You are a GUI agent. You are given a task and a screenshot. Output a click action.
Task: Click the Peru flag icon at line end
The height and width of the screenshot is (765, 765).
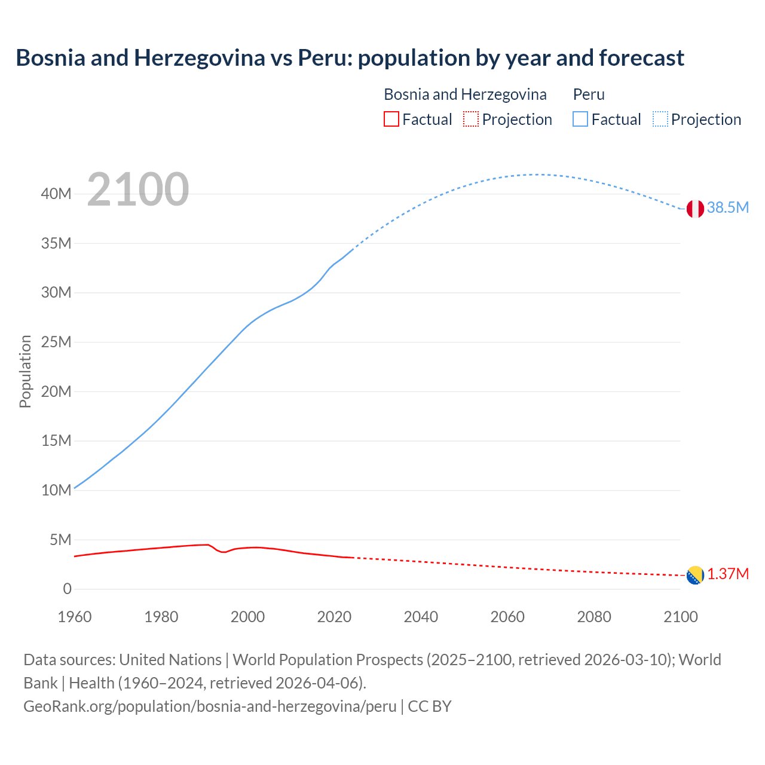pos(695,209)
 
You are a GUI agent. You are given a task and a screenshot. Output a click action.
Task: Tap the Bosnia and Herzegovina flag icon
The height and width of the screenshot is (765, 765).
pos(695,575)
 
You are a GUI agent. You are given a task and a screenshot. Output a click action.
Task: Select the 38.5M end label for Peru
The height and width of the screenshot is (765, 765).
pos(727,207)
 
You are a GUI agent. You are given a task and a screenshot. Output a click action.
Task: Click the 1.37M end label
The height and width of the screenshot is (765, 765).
pos(728,574)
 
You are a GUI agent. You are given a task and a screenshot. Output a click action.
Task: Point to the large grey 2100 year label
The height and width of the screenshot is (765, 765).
pos(138,189)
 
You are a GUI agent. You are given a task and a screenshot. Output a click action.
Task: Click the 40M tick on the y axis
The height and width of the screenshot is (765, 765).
pos(56,194)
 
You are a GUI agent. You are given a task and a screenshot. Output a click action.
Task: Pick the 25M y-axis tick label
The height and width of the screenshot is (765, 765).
pos(56,342)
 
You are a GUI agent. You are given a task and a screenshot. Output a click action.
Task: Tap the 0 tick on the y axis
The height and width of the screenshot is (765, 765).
pos(67,589)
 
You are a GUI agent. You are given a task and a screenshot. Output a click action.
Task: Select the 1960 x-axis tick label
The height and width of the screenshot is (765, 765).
pos(75,617)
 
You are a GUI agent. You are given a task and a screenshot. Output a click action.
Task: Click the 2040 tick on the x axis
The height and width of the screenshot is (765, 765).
pos(421,617)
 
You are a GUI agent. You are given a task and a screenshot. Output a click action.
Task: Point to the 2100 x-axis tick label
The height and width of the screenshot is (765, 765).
pos(681,617)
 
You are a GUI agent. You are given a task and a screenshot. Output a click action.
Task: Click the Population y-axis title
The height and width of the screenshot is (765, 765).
pos(25,371)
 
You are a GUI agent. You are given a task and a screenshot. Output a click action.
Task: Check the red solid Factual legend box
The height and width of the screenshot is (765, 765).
pos(391,119)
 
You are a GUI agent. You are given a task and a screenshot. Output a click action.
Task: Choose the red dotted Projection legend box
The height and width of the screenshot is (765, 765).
pos(471,119)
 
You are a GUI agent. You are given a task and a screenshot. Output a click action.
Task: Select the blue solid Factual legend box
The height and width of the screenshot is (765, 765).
pos(580,119)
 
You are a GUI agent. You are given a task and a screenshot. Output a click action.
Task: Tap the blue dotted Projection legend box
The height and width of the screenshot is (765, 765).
pos(660,119)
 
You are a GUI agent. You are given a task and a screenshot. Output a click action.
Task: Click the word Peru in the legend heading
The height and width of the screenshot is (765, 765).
pos(589,94)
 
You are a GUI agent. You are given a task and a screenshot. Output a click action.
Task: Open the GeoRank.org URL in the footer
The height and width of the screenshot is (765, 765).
pos(210,706)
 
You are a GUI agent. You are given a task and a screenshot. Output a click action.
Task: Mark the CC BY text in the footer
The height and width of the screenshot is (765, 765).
pos(430,706)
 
